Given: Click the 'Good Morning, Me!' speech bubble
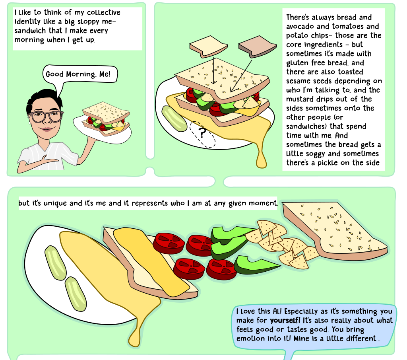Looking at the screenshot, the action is (80, 74).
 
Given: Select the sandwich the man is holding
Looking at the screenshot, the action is (106, 119).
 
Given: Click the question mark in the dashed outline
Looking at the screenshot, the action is (202, 132).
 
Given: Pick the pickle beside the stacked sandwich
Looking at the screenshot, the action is (174, 119).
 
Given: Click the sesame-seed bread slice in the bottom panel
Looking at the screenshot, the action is (335, 231).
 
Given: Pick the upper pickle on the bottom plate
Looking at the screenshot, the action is (55, 263).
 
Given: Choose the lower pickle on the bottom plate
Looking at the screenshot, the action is (76, 294).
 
